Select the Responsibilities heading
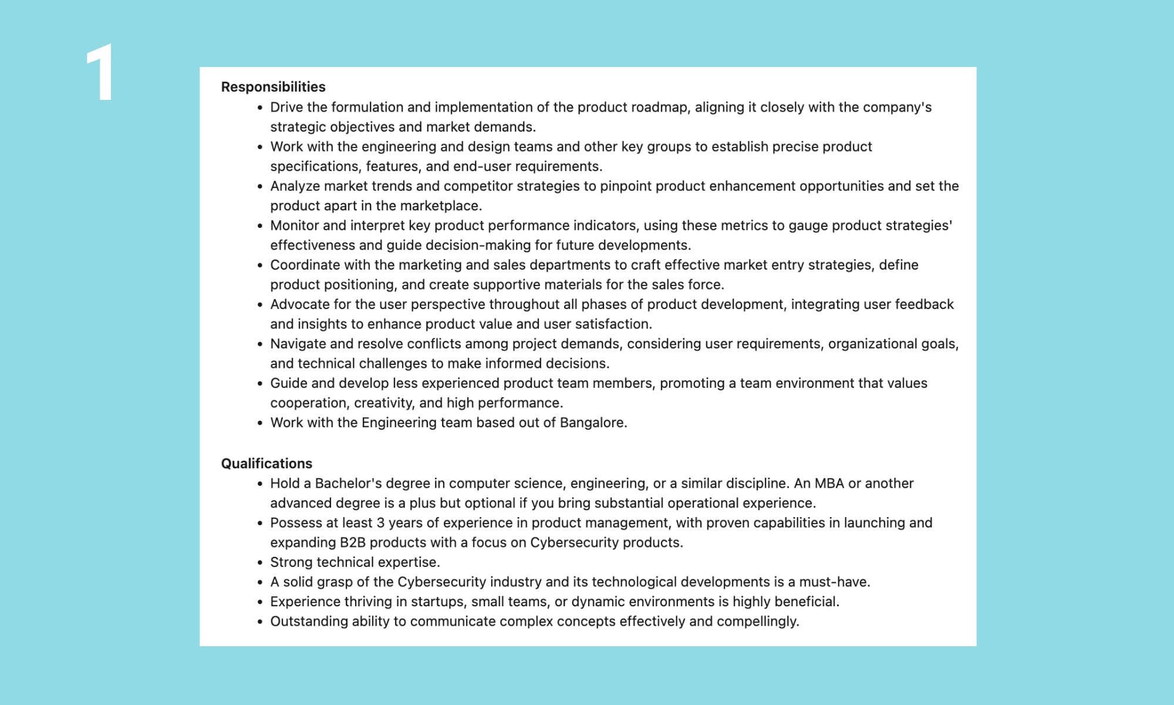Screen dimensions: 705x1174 click(x=273, y=87)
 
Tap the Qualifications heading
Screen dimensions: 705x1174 click(x=266, y=464)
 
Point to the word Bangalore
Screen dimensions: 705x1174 click(x=592, y=422)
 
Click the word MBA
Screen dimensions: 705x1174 click(x=829, y=484)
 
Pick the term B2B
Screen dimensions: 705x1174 click(x=352, y=542)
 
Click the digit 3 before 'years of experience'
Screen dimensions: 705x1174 click(x=380, y=523)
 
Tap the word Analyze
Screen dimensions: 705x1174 click(x=295, y=186)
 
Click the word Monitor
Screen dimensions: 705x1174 click(x=294, y=226)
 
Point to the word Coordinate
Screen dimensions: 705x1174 click(x=305, y=265)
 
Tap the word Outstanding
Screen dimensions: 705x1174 click(x=309, y=622)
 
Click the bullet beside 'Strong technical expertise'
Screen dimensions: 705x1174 click(x=260, y=563)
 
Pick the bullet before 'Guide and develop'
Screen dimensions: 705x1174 click(x=260, y=384)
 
